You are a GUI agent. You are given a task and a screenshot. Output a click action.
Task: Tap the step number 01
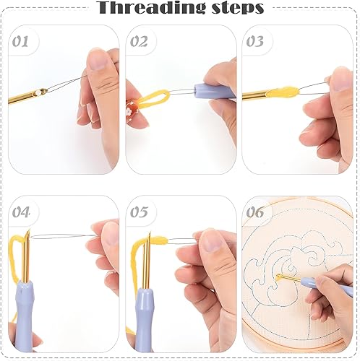tap(20, 41)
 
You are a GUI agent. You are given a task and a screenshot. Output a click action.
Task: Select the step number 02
tap(139, 41)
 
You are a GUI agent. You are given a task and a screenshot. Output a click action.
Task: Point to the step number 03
tap(254, 41)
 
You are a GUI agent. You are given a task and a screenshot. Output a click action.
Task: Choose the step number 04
tap(21, 212)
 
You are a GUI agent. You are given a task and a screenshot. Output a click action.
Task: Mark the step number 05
tap(139, 212)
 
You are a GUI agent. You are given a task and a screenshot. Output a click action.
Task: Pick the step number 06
tap(255, 212)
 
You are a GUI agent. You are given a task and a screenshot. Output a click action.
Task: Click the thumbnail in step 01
tap(98, 59)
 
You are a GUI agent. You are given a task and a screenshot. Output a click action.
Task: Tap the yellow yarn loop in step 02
tap(154, 97)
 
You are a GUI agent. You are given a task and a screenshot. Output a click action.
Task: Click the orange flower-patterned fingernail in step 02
tap(132, 110)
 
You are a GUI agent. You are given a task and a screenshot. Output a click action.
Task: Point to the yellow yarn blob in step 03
tap(284, 92)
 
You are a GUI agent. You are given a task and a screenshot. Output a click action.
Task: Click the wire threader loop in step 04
tap(63, 237)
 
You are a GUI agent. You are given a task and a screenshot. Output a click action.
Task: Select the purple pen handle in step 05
tap(145, 321)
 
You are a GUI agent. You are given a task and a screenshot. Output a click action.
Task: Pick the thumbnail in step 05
tap(212, 240)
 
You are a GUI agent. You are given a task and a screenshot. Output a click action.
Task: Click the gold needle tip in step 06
tap(278, 276)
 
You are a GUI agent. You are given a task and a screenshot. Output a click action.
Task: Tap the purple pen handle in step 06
tap(327, 286)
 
